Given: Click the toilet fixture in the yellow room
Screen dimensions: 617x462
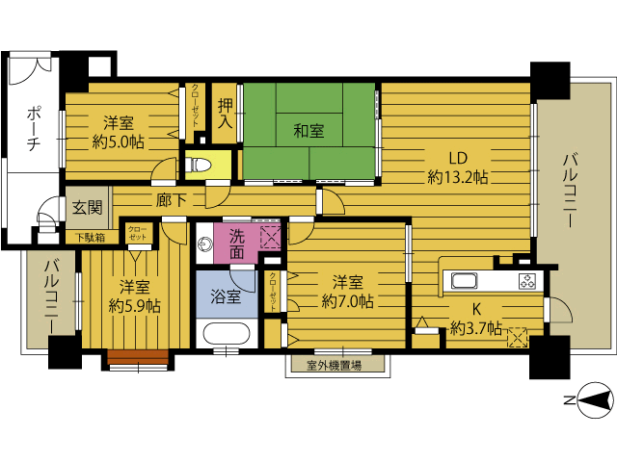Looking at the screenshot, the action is click(198, 165).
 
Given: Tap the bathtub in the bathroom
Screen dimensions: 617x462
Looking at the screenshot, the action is click(227, 334).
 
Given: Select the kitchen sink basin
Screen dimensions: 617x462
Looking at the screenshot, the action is click(465, 281).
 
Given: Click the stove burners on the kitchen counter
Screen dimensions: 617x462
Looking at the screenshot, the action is click(527, 281).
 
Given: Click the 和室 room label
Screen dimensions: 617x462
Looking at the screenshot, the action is click(308, 131).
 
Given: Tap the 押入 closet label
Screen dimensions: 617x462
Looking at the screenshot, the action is click(226, 114).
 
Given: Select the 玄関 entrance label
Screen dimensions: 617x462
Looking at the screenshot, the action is click(88, 208).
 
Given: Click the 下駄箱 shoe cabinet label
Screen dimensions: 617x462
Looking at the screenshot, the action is click(91, 238).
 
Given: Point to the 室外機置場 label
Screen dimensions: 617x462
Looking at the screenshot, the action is click(335, 366).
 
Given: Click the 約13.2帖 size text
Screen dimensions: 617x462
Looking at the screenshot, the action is click(458, 177).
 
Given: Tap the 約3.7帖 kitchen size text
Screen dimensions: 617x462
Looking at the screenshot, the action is click(476, 327).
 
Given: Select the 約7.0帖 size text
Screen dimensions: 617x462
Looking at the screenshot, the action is click(347, 301).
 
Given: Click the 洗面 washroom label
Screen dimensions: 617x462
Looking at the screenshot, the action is click(237, 244).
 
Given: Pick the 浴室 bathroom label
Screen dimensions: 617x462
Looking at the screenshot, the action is click(226, 296).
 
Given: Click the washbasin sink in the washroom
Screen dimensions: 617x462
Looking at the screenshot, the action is click(204, 244).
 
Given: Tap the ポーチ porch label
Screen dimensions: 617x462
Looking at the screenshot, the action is click(33, 129).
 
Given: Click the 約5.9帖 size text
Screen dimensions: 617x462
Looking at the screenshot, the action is click(135, 306).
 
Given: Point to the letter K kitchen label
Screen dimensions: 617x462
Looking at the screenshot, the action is click(476, 310).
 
